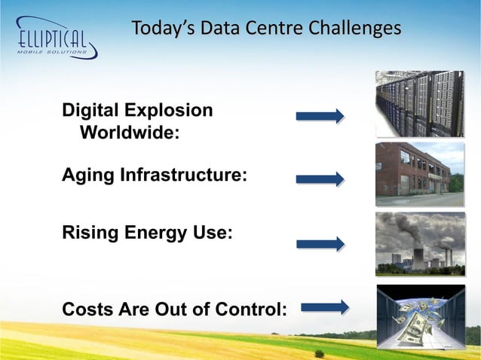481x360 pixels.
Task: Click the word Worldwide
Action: coord(130,134)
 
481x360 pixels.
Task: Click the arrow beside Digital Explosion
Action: coord(320,116)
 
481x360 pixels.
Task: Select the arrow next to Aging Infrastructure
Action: coord(320,179)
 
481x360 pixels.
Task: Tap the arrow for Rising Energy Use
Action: coord(320,244)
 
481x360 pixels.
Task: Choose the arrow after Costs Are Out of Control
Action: coord(325,307)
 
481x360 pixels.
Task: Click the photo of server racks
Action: coord(420,103)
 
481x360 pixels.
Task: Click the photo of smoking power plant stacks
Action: coord(420,244)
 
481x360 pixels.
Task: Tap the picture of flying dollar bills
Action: coord(420,316)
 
